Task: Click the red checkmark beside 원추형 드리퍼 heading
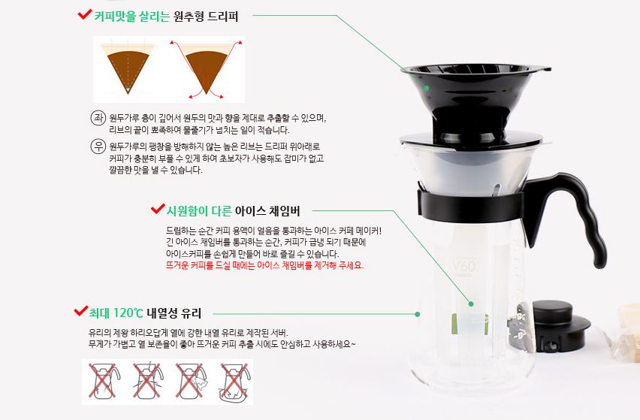tap(84, 15)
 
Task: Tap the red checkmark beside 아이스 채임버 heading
tap(158, 209)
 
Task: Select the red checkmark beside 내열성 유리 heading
tap(81, 311)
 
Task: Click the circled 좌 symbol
tap(98, 118)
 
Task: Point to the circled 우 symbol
tap(98, 146)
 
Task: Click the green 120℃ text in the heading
tap(128, 313)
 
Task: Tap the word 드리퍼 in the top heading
tap(222, 17)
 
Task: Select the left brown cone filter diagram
tap(128, 68)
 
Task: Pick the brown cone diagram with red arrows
tap(206, 69)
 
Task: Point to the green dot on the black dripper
tap(426, 88)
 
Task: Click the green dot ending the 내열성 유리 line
tap(417, 314)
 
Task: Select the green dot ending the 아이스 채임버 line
tap(471, 304)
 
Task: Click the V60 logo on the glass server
tap(464, 267)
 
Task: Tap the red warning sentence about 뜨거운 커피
tap(264, 265)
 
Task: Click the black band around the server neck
tap(471, 205)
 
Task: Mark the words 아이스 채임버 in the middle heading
tap(267, 211)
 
